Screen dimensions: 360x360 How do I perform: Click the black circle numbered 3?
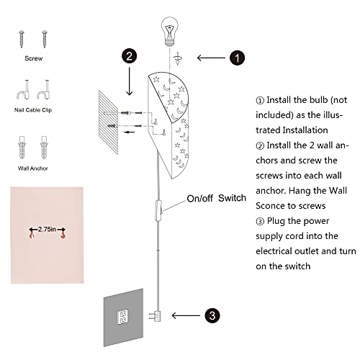[211, 315]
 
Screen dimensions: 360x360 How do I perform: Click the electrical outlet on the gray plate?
[122, 316]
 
